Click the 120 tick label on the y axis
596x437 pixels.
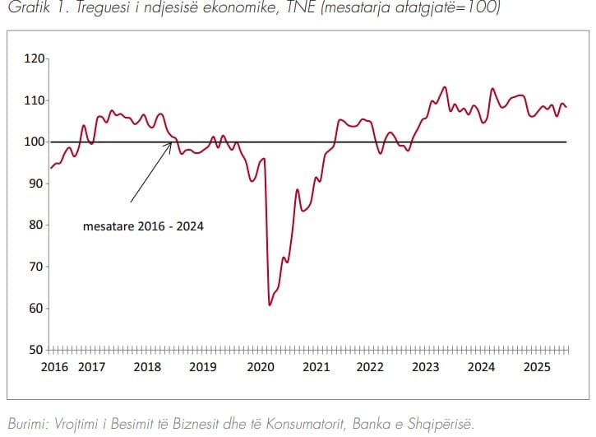tap(35, 58)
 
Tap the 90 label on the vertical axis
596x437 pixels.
tap(37, 184)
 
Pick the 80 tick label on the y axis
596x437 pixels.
tap(37, 225)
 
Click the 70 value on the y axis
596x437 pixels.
tap(37, 267)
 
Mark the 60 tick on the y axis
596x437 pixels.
tap(37, 309)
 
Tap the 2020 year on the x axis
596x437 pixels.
tap(260, 366)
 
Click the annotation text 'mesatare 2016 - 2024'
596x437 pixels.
tap(143, 225)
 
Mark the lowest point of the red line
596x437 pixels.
tap(270, 305)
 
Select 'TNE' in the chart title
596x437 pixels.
tap(294, 8)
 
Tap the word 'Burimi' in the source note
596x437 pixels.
tap(24, 423)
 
